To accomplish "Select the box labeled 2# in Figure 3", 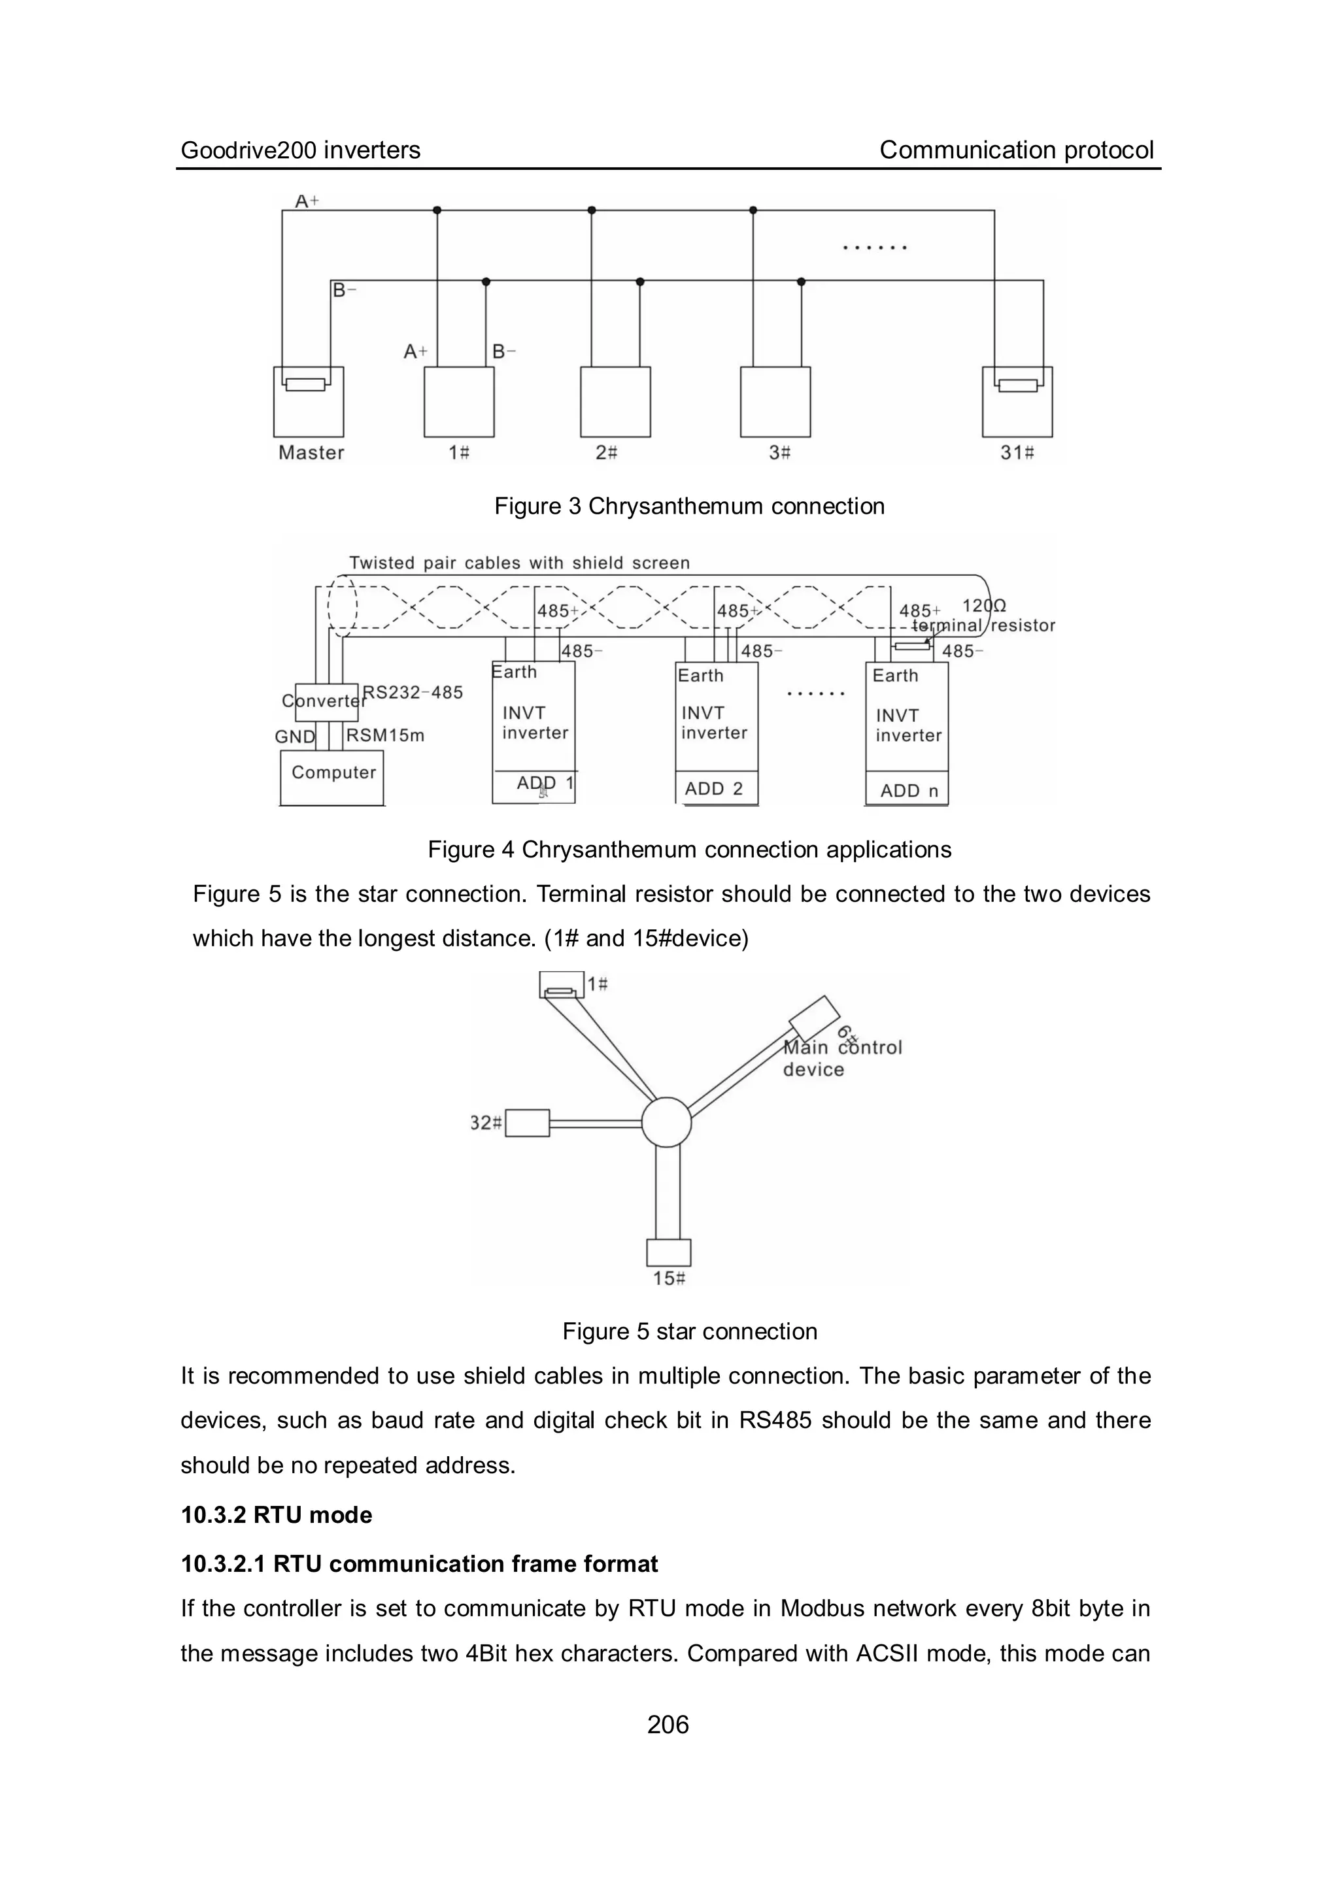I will [615, 402].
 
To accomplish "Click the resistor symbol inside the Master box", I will [305, 384].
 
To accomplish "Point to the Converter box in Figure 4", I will [326, 702].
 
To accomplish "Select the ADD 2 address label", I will [714, 789].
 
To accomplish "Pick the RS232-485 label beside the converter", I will [413, 692].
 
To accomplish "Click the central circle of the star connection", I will [666, 1122].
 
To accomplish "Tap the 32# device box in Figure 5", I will [527, 1123].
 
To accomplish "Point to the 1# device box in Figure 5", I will [562, 984].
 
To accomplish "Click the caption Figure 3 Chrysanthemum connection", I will [689, 507].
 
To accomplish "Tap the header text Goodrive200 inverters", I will [301, 150].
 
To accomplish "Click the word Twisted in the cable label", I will [382, 563].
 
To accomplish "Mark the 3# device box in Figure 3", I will [775, 402].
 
